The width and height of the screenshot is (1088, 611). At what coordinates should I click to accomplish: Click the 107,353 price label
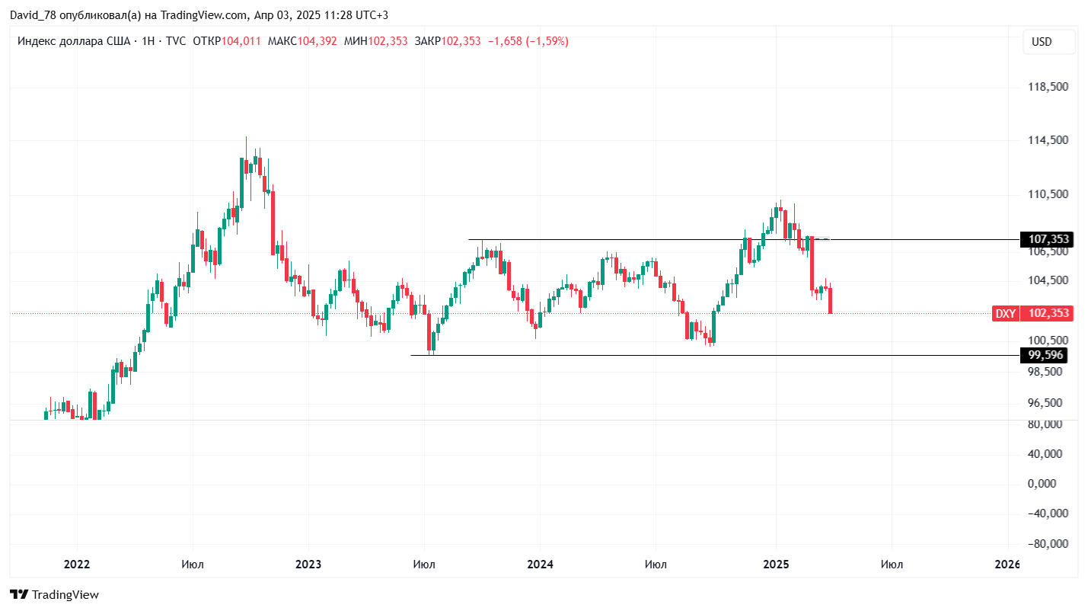(x=1048, y=239)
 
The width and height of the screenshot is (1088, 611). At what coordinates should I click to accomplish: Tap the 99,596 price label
(x=1045, y=355)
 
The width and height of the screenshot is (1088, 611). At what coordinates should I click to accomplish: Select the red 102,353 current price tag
(x=1048, y=313)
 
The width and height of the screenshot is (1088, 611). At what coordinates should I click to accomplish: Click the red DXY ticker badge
(x=1006, y=313)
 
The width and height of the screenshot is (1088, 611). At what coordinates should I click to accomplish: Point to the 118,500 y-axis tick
(x=1048, y=88)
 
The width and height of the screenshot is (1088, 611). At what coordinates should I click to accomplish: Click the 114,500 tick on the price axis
(x=1048, y=141)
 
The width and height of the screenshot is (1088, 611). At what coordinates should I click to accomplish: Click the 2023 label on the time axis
(x=308, y=565)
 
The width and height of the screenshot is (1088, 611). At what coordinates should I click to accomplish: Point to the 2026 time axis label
(x=1007, y=565)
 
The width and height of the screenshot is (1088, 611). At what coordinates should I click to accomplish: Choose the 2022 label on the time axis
(x=77, y=565)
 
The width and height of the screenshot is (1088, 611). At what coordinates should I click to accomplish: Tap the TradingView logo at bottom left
(x=55, y=595)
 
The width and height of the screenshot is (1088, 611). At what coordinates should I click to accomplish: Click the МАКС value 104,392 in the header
(x=317, y=41)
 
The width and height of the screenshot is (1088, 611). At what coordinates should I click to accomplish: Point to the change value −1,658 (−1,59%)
(x=528, y=41)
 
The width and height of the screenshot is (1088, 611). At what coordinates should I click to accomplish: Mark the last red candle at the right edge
(x=830, y=300)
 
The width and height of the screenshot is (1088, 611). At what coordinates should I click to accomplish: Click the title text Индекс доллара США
(x=73, y=41)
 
